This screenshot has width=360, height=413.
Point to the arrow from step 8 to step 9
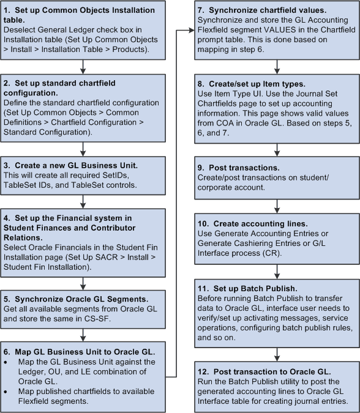[277, 151]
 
